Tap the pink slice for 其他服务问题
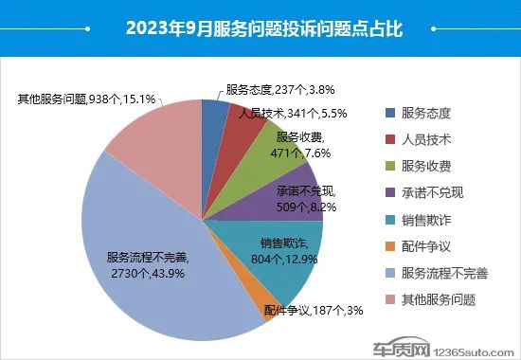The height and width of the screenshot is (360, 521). (x=161, y=133)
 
